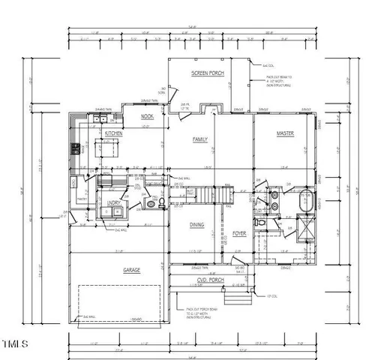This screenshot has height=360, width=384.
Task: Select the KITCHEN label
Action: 114,133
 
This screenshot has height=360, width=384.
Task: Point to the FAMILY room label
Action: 200,139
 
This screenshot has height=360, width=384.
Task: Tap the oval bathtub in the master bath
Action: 305,201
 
